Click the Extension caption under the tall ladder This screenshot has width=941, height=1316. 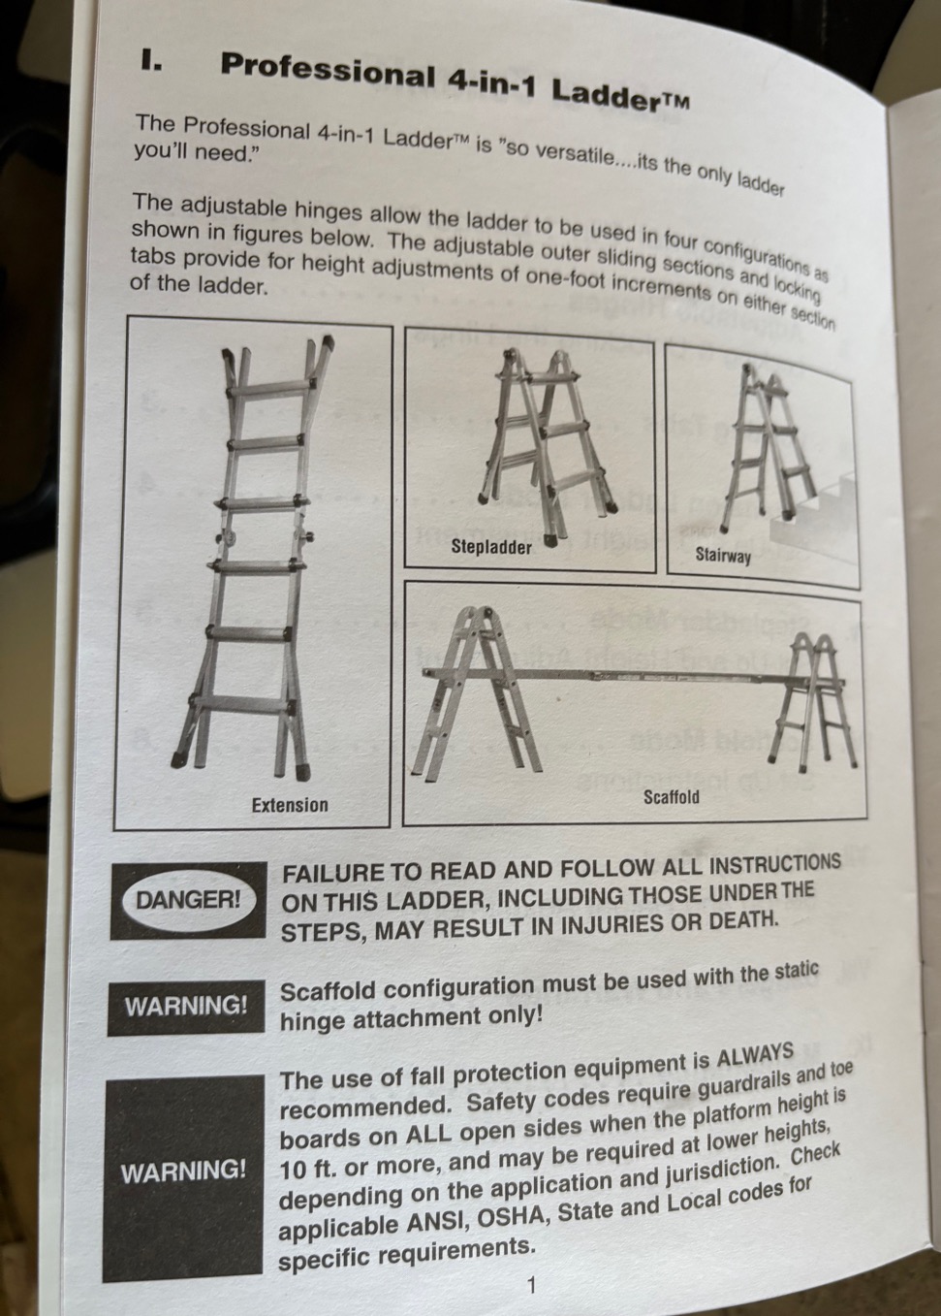pos(290,804)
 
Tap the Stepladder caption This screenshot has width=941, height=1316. pos(491,547)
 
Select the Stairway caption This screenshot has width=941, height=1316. pos(723,555)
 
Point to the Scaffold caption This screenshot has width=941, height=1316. pos(671,797)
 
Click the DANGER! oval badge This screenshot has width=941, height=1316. pos(188,900)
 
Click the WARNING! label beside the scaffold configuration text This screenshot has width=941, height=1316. pos(185,1007)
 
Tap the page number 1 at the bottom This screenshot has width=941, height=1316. pos(531,1286)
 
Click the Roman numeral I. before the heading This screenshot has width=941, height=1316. pos(150,61)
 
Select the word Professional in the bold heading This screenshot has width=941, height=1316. pos(328,72)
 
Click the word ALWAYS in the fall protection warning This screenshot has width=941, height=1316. pos(755,1055)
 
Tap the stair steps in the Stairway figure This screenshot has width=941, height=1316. pos(816,510)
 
